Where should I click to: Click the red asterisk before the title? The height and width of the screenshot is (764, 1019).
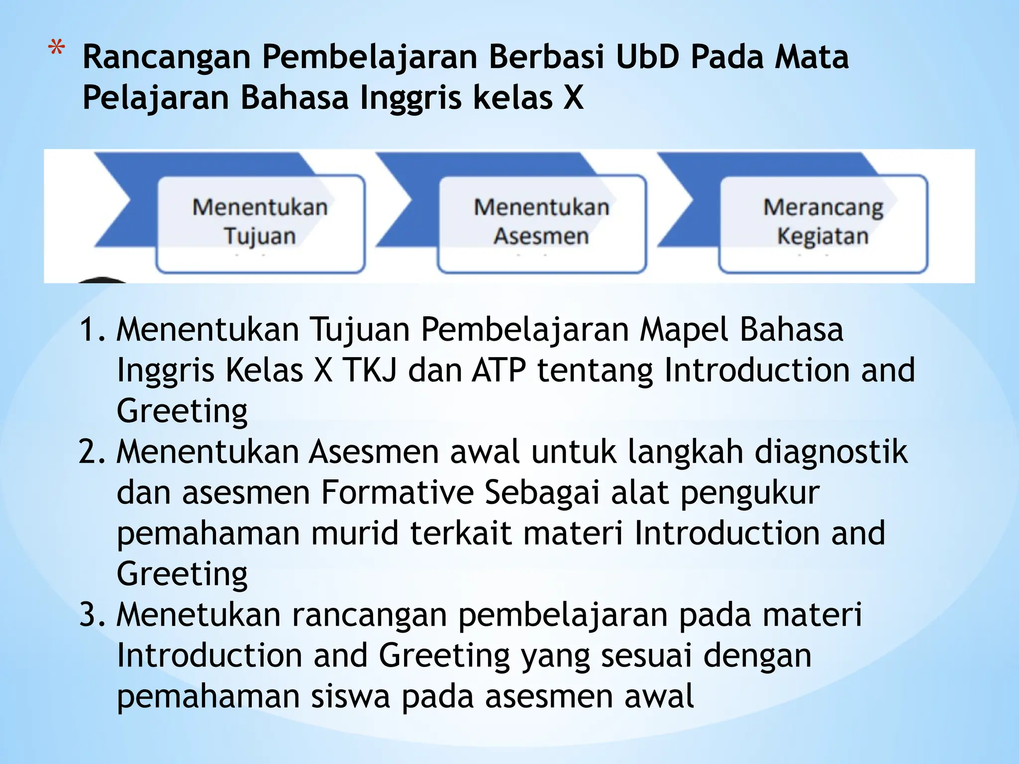[56, 50]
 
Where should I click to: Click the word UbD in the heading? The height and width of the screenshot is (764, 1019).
[647, 57]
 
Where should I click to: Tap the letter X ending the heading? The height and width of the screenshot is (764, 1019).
[573, 97]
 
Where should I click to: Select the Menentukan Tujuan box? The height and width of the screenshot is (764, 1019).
[260, 223]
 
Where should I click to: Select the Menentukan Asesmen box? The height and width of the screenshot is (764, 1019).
[541, 223]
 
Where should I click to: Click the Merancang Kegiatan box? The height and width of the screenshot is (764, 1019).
[823, 223]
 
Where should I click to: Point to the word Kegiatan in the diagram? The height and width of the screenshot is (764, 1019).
[823, 236]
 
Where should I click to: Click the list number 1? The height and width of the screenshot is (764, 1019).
[92, 330]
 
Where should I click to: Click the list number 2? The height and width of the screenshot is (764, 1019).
[92, 452]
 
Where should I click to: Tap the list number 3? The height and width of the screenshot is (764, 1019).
[92, 615]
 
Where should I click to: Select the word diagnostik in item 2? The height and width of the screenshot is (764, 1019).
[831, 452]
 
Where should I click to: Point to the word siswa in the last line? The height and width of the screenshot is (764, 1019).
[350, 696]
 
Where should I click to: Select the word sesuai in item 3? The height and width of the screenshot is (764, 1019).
[646, 656]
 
